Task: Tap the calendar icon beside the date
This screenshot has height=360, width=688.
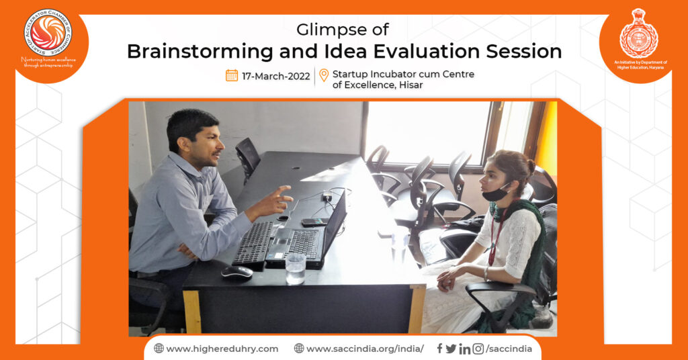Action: tap(232, 75)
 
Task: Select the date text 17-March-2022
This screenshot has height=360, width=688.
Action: tap(275, 76)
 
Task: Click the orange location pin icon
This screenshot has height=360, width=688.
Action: tap(324, 75)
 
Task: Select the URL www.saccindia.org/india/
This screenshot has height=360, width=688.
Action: tap(365, 349)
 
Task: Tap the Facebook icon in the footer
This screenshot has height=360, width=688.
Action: tap(439, 348)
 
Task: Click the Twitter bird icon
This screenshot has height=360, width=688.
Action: tap(451, 349)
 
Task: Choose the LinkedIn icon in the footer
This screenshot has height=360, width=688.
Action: tap(464, 349)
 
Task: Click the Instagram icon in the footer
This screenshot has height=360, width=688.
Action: tap(478, 349)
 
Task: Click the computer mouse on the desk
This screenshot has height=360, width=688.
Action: tap(237, 272)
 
